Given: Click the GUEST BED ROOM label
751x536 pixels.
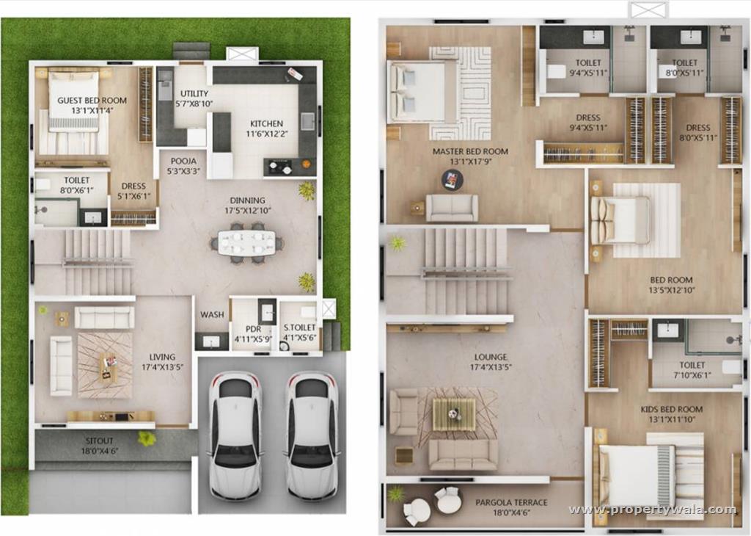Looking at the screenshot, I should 92,101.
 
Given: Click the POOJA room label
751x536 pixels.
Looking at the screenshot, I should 183,161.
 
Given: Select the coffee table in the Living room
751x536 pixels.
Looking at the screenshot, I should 108,365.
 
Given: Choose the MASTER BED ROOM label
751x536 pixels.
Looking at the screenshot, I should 470,152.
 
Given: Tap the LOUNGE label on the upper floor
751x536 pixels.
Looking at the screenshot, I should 491,358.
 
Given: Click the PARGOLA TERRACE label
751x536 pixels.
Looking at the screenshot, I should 511,502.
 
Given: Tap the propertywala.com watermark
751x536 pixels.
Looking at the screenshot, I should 651,510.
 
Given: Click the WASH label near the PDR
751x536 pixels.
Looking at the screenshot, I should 212,315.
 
